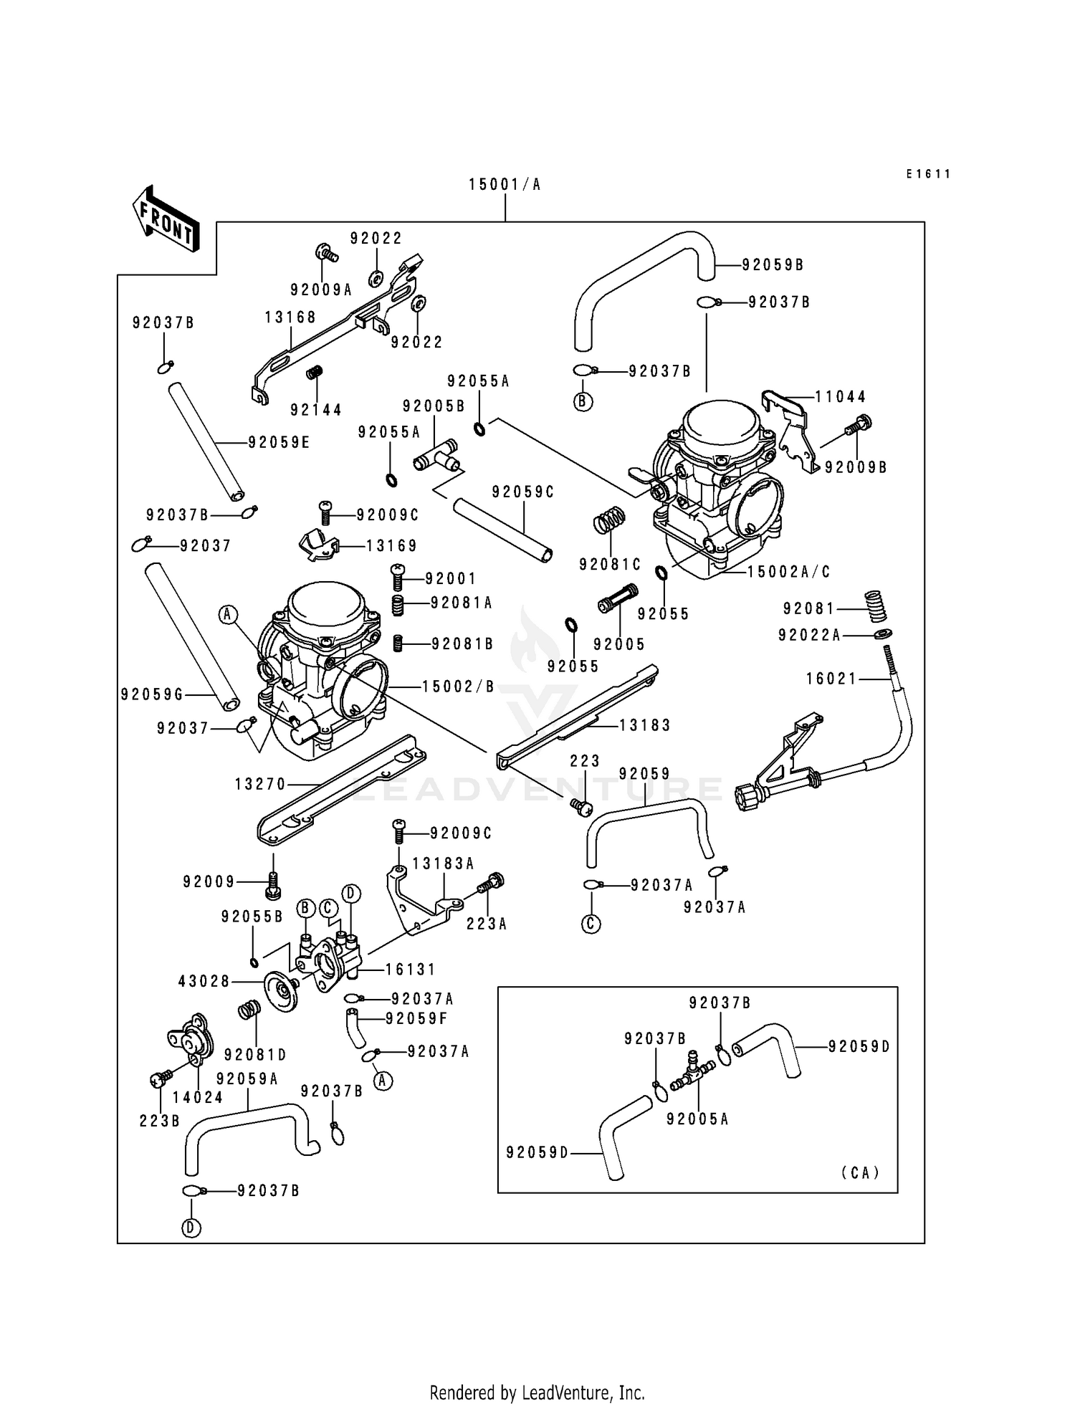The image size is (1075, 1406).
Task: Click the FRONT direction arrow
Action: coord(166,219)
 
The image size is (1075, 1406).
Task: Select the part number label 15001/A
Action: coord(505,185)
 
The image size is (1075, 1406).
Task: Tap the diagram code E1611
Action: coord(927,174)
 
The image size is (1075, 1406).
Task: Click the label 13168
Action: coord(290,317)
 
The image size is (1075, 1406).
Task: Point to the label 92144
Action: coord(316,410)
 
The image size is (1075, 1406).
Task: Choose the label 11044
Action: coord(841,396)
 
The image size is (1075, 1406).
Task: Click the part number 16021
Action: coord(831,679)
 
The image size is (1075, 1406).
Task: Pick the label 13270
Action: coord(260,785)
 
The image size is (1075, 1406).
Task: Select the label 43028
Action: coord(204,981)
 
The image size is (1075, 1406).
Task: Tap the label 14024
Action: coord(198,1097)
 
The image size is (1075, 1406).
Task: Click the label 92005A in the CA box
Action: coord(697,1119)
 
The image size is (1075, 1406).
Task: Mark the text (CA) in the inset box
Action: coord(860,1173)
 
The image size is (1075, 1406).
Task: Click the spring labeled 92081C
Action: coord(610,520)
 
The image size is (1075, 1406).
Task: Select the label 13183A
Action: coord(443,864)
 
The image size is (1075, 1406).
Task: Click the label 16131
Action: coord(411,970)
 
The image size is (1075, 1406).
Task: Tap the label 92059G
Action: coord(152,694)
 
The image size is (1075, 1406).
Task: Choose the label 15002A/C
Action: coord(788,572)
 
